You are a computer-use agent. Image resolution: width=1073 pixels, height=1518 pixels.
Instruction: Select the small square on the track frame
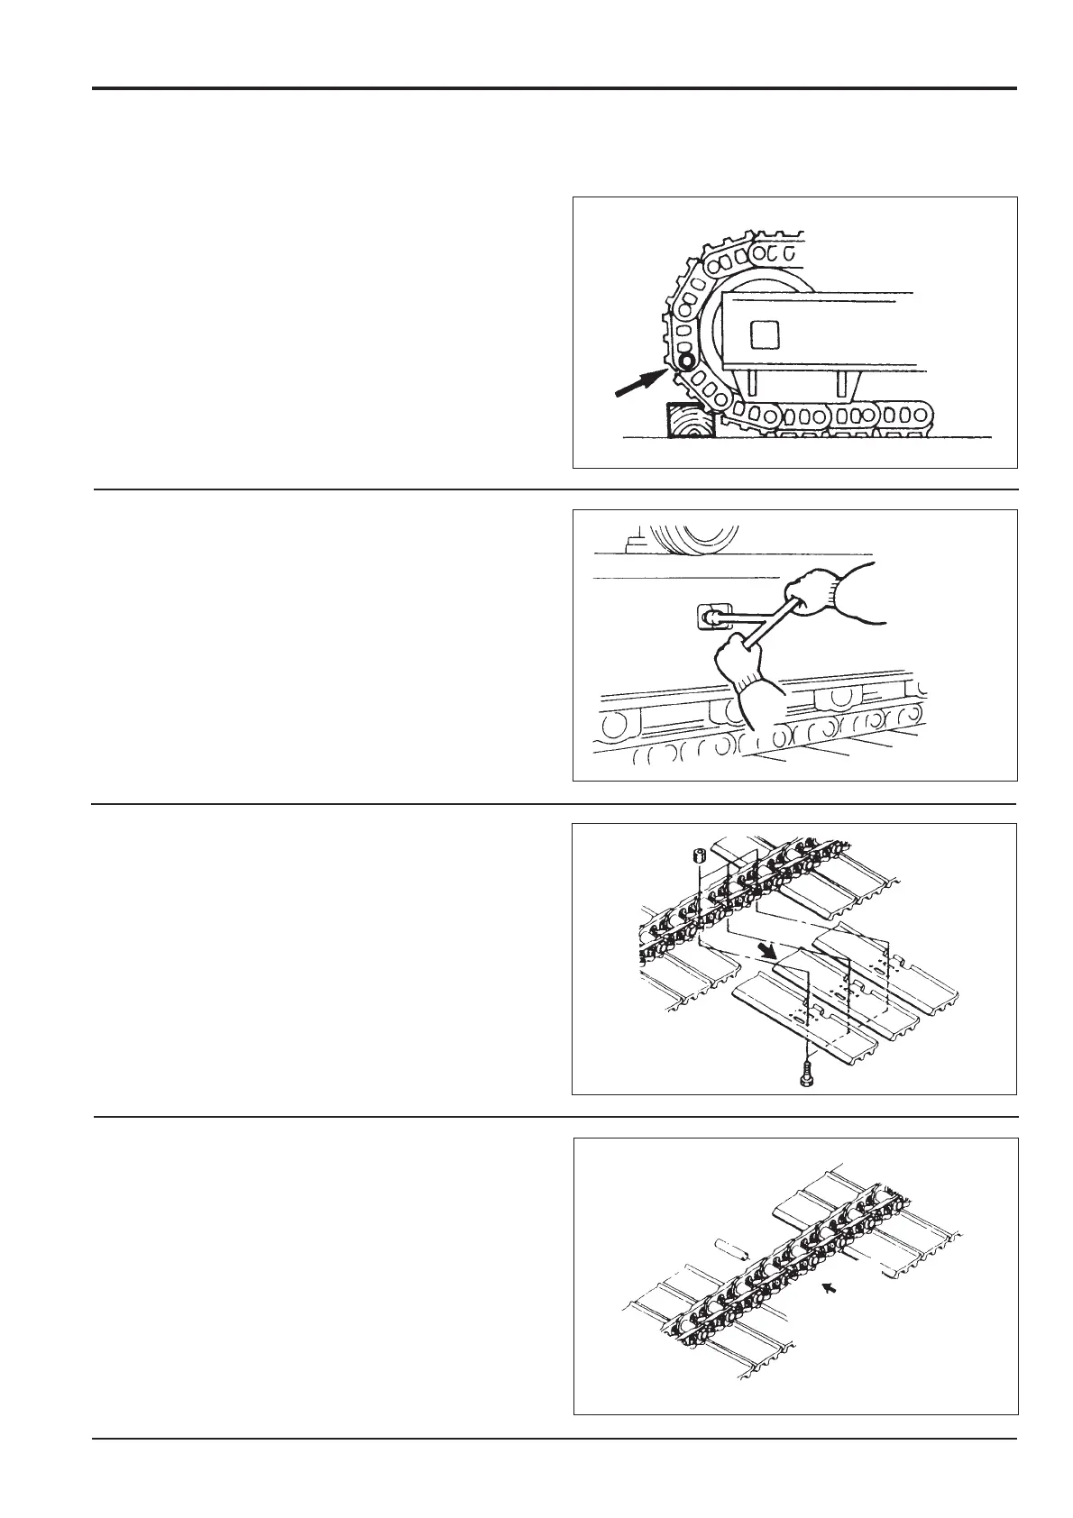764,334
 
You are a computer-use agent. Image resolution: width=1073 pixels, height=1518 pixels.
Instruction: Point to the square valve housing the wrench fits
712,618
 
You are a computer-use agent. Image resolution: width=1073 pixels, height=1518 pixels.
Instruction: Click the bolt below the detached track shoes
808,1074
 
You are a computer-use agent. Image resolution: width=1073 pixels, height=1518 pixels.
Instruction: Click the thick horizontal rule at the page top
554,88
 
